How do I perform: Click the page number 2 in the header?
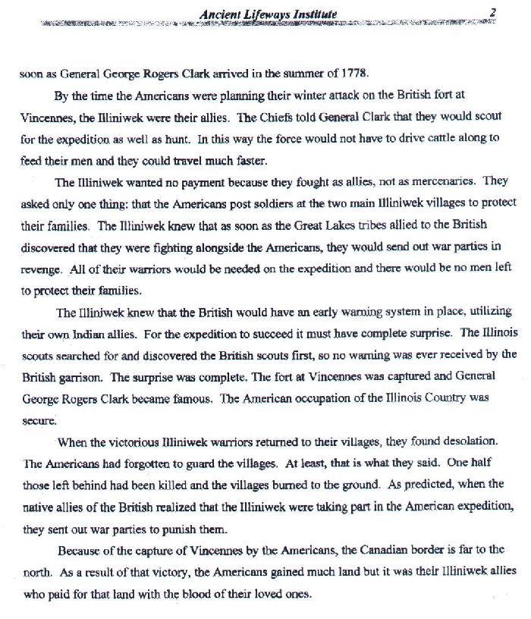click(492, 12)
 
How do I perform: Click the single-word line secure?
click(36, 419)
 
